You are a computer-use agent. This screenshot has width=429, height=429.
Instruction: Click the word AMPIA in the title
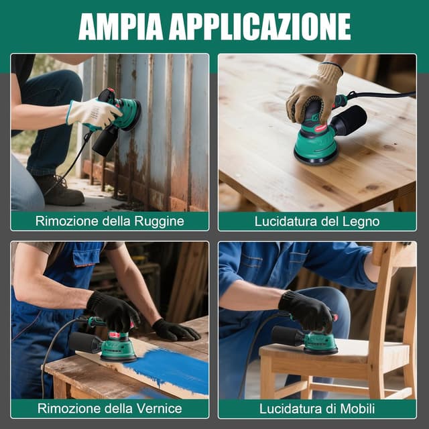(121, 27)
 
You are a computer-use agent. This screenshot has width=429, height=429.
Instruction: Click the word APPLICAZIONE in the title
(259, 27)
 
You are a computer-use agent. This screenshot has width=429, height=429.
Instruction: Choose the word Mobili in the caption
(357, 409)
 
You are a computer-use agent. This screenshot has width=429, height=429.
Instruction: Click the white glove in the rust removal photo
(93, 113)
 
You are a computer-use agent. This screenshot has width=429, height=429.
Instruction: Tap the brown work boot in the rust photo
(61, 190)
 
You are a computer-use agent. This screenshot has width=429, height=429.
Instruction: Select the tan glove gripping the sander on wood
(314, 93)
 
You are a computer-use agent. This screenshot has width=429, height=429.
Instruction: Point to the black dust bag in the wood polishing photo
(349, 120)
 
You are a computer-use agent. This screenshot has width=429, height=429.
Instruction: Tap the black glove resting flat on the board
(175, 330)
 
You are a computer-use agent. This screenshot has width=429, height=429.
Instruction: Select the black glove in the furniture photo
(306, 310)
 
